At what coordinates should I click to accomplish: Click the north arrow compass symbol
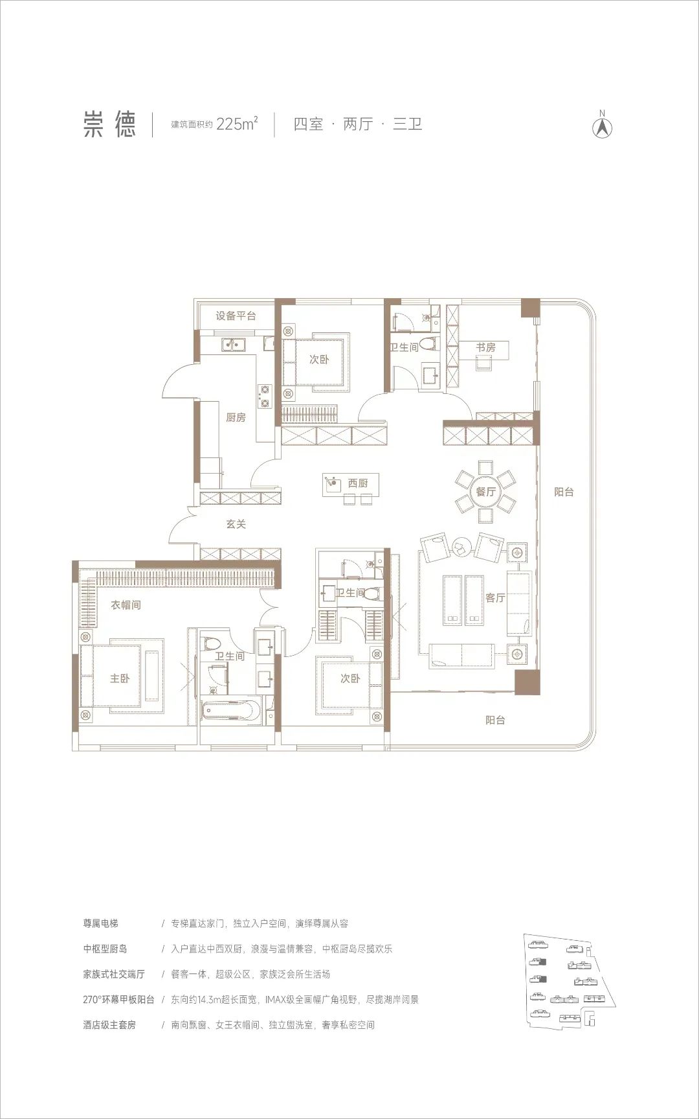603,125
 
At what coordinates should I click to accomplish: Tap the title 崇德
109,124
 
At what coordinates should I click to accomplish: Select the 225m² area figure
238,124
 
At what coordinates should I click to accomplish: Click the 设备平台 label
236,316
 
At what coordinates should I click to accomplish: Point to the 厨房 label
236,417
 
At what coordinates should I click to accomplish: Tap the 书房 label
485,348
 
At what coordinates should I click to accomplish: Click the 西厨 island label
357,483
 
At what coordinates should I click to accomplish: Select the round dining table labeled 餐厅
485,491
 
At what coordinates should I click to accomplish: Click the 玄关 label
236,524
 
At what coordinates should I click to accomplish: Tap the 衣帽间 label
126,605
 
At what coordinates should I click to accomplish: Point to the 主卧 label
119,678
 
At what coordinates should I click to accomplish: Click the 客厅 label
495,597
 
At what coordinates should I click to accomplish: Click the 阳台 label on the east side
564,492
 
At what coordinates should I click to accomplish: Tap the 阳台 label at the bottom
495,720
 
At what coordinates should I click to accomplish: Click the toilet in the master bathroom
212,646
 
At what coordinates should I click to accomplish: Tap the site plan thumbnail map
569,971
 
